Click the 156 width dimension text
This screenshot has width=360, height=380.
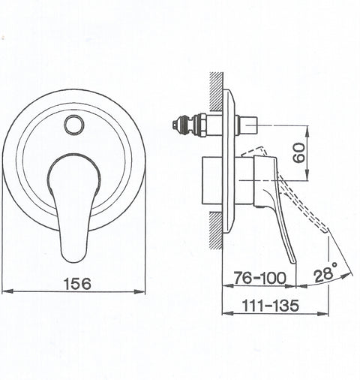tap(77, 284)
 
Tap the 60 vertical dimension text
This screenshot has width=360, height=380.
tap(299, 153)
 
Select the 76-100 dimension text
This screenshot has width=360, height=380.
tap(259, 278)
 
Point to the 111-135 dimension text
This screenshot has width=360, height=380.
tap(271, 306)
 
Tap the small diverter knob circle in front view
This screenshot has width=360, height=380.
tap(74, 125)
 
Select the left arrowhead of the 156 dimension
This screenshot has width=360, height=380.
tap(7, 291)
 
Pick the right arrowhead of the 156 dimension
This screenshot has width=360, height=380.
tap(139, 291)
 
